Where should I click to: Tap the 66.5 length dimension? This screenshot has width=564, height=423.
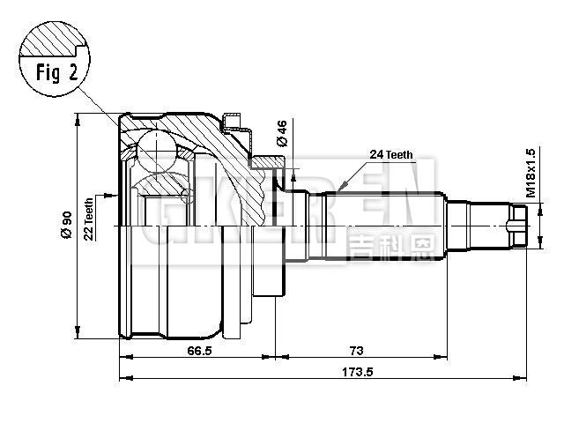pos(198,350)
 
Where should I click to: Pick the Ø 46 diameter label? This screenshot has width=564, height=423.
pos(281,132)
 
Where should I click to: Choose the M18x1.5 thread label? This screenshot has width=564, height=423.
pos(531,172)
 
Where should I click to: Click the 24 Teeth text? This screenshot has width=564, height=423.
pos(391,154)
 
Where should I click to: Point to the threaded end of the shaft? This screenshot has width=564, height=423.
pos(518,224)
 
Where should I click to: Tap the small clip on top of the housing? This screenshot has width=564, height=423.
pos(233,117)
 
